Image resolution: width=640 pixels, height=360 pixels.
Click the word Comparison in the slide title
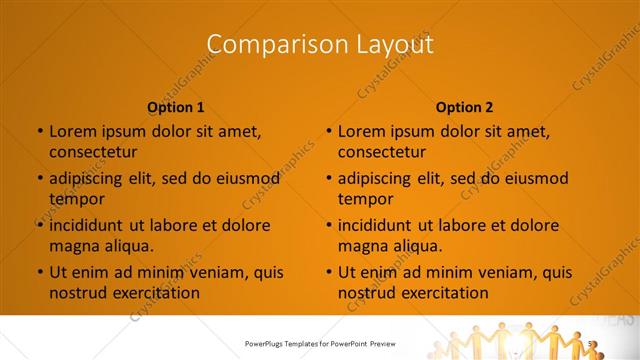[262, 44]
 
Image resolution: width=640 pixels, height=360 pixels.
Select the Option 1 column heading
[176, 107]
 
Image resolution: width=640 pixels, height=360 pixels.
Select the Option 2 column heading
[465, 107]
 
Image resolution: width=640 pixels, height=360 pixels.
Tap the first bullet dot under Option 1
[39, 131]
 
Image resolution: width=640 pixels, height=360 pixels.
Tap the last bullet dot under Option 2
[328, 272]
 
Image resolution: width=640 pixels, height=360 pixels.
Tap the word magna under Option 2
[362, 246]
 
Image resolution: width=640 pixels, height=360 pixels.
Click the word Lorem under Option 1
[70, 131]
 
